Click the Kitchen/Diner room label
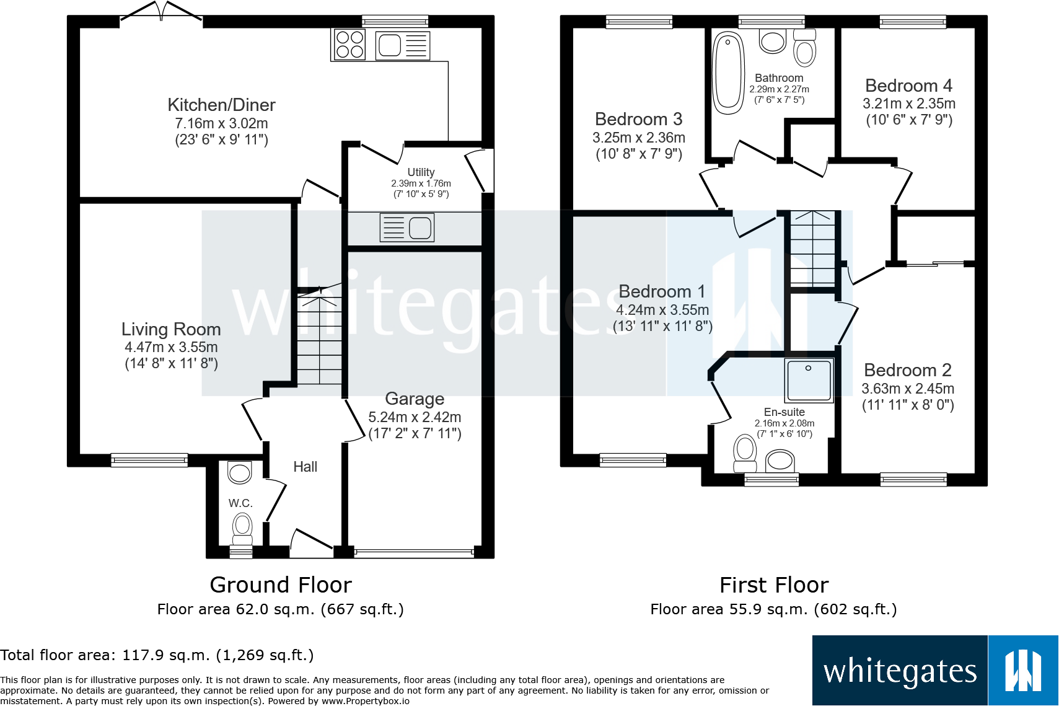pos(221,105)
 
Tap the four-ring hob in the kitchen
pos(349,45)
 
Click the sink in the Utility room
pos(407,227)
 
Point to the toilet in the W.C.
pos(242,529)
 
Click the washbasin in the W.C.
pos(240,473)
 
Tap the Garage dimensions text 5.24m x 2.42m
pos(415,417)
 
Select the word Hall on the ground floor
pos(305,467)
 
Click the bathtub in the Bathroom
pos(728,73)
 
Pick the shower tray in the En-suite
pos(809,380)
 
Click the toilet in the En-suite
pos(745,451)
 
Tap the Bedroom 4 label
pos(908,86)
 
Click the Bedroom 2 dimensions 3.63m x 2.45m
pos(908,389)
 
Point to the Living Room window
pos(149,460)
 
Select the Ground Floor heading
pos(281,585)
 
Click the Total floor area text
pos(157,655)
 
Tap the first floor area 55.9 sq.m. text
pos(773,609)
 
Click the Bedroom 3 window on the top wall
pos(639,22)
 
